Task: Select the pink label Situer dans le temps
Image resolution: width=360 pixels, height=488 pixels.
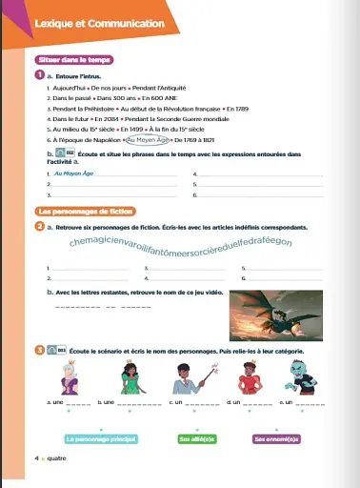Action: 67,60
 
